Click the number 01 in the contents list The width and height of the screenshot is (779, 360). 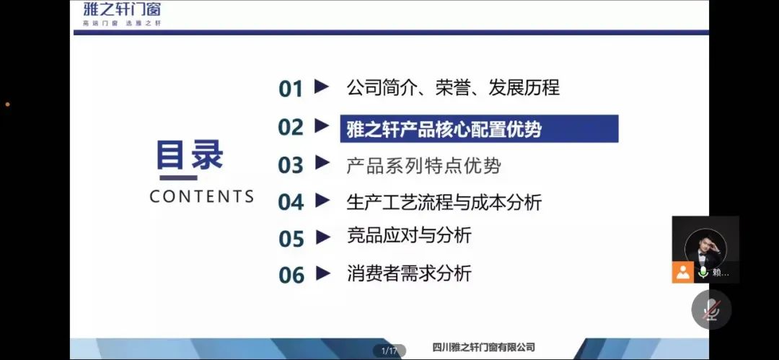click(291, 89)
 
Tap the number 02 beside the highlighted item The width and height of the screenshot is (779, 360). click(291, 127)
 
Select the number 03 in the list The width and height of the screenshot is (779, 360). click(291, 165)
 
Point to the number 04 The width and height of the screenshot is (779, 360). click(291, 202)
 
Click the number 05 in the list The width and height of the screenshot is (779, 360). click(291, 239)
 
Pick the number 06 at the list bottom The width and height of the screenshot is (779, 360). click(291, 275)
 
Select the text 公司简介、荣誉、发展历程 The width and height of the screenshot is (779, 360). click(452, 87)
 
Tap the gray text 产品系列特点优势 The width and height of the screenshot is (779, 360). click(423, 166)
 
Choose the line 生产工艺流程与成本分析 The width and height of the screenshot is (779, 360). click(444, 203)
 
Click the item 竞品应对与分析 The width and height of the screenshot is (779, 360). click(409, 236)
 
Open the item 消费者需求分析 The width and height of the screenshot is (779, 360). click(409, 273)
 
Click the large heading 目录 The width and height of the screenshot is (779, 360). click(190, 155)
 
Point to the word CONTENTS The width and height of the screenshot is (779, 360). click(202, 196)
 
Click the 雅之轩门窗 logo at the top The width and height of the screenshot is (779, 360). click(122, 14)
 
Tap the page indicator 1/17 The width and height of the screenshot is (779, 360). click(389, 351)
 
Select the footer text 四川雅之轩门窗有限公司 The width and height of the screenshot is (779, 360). click(483, 348)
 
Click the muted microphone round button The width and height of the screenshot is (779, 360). click(711, 309)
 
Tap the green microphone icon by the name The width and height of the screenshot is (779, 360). click(703, 272)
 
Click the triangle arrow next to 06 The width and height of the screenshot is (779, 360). click(322, 273)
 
